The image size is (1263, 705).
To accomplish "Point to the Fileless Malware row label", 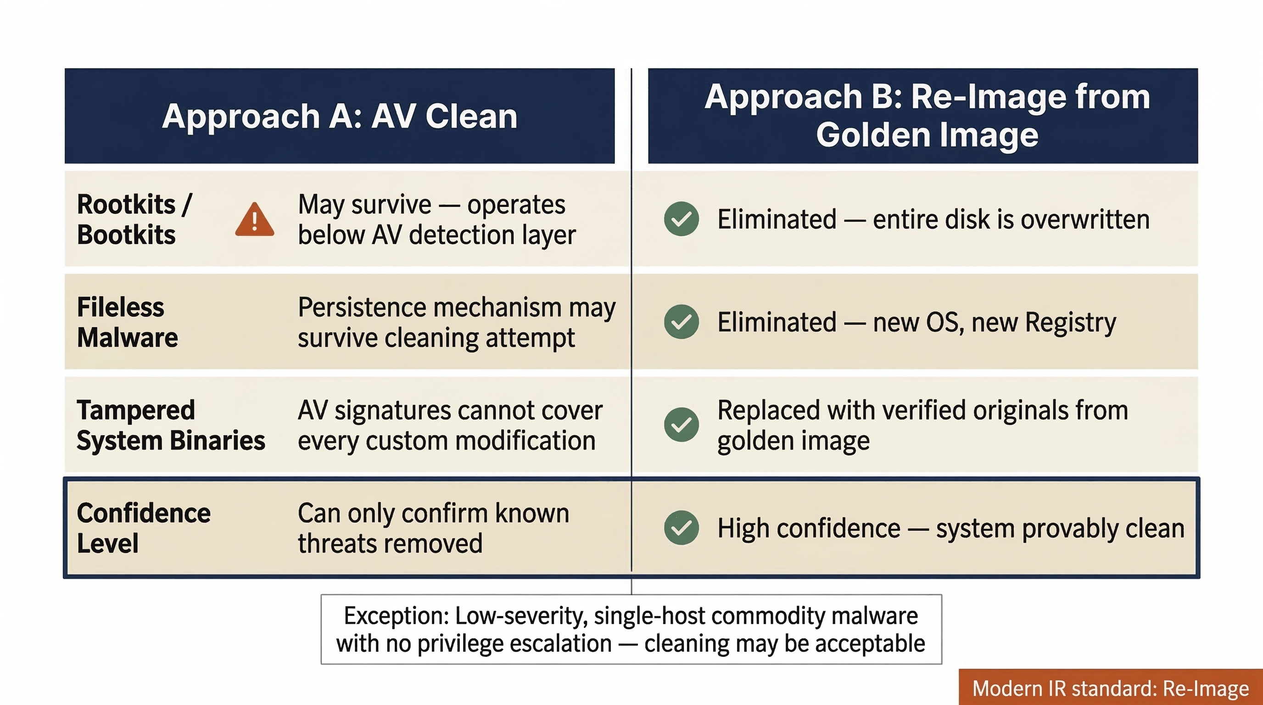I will click(x=127, y=322).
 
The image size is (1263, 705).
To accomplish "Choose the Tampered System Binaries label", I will click(x=171, y=425).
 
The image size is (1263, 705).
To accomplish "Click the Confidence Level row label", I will click(x=143, y=528).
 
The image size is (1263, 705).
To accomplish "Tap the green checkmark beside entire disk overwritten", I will click(x=681, y=218).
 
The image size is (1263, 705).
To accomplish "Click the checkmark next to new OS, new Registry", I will click(x=681, y=322).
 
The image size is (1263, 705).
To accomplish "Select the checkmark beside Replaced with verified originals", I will click(x=681, y=425).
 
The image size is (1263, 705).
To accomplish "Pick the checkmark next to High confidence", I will click(x=681, y=527).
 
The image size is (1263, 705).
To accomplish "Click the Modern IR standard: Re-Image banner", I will click(x=1110, y=688).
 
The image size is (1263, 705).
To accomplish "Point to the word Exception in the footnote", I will click(x=396, y=616).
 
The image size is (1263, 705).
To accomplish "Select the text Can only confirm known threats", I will click(x=433, y=528).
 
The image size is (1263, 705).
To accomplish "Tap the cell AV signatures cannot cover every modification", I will click(x=450, y=425).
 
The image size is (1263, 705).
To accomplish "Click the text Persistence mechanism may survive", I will click(x=456, y=322).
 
